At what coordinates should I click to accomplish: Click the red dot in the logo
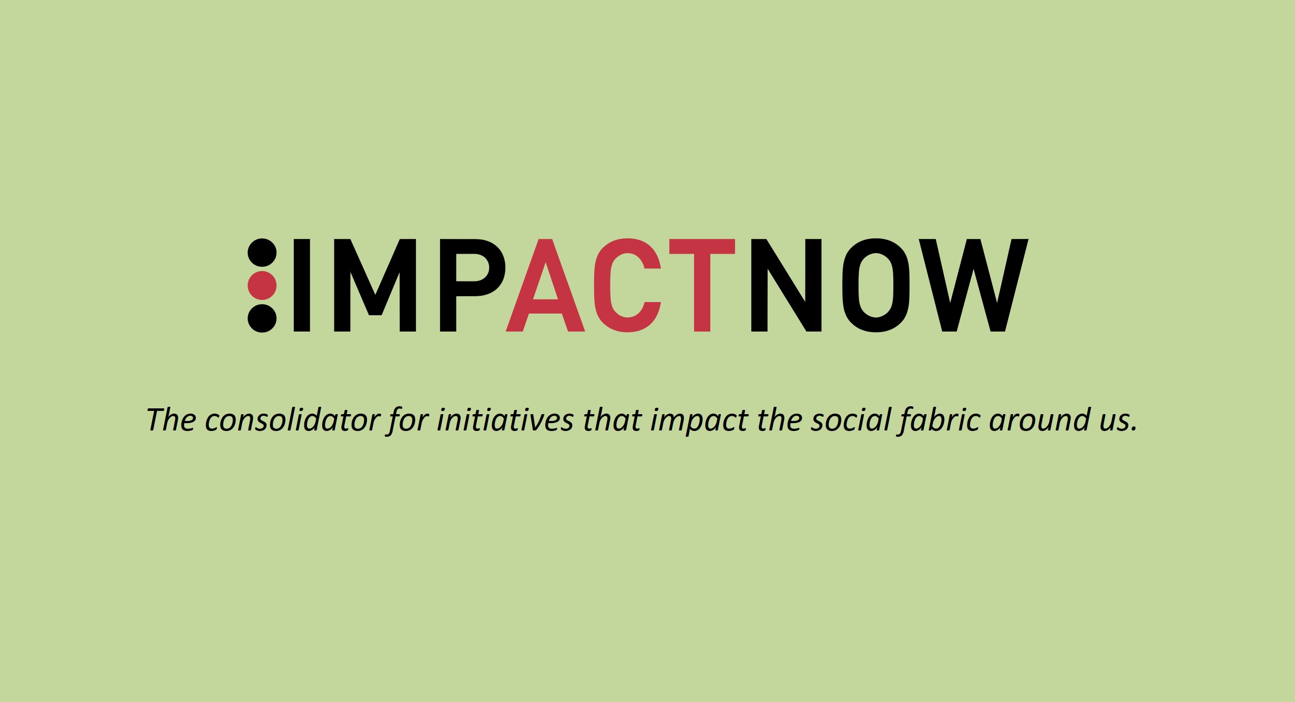click(x=262, y=286)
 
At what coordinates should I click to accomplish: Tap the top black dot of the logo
click(x=262, y=253)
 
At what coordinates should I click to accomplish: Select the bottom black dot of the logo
click(x=262, y=318)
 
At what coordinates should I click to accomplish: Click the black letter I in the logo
click(x=302, y=285)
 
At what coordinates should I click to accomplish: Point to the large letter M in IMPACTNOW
click(x=375, y=285)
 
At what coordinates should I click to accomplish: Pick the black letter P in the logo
click(x=472, y=285)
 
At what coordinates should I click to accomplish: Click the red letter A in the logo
click(x=545, y=285)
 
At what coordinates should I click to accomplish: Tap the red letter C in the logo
click(x=627, y=285)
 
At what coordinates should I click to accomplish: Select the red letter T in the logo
click(x=702, y=285)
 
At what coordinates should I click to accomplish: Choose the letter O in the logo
click(x=876, y=285)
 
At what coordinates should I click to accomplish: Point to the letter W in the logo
click(x=973, y=285)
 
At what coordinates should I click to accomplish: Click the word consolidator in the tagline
click(x=292, y=420)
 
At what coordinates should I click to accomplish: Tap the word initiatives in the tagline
click(x=505, y=420)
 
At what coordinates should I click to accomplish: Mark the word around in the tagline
click(x=1040, y=420)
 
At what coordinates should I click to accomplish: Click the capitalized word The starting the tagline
click(x=171, y=420)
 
